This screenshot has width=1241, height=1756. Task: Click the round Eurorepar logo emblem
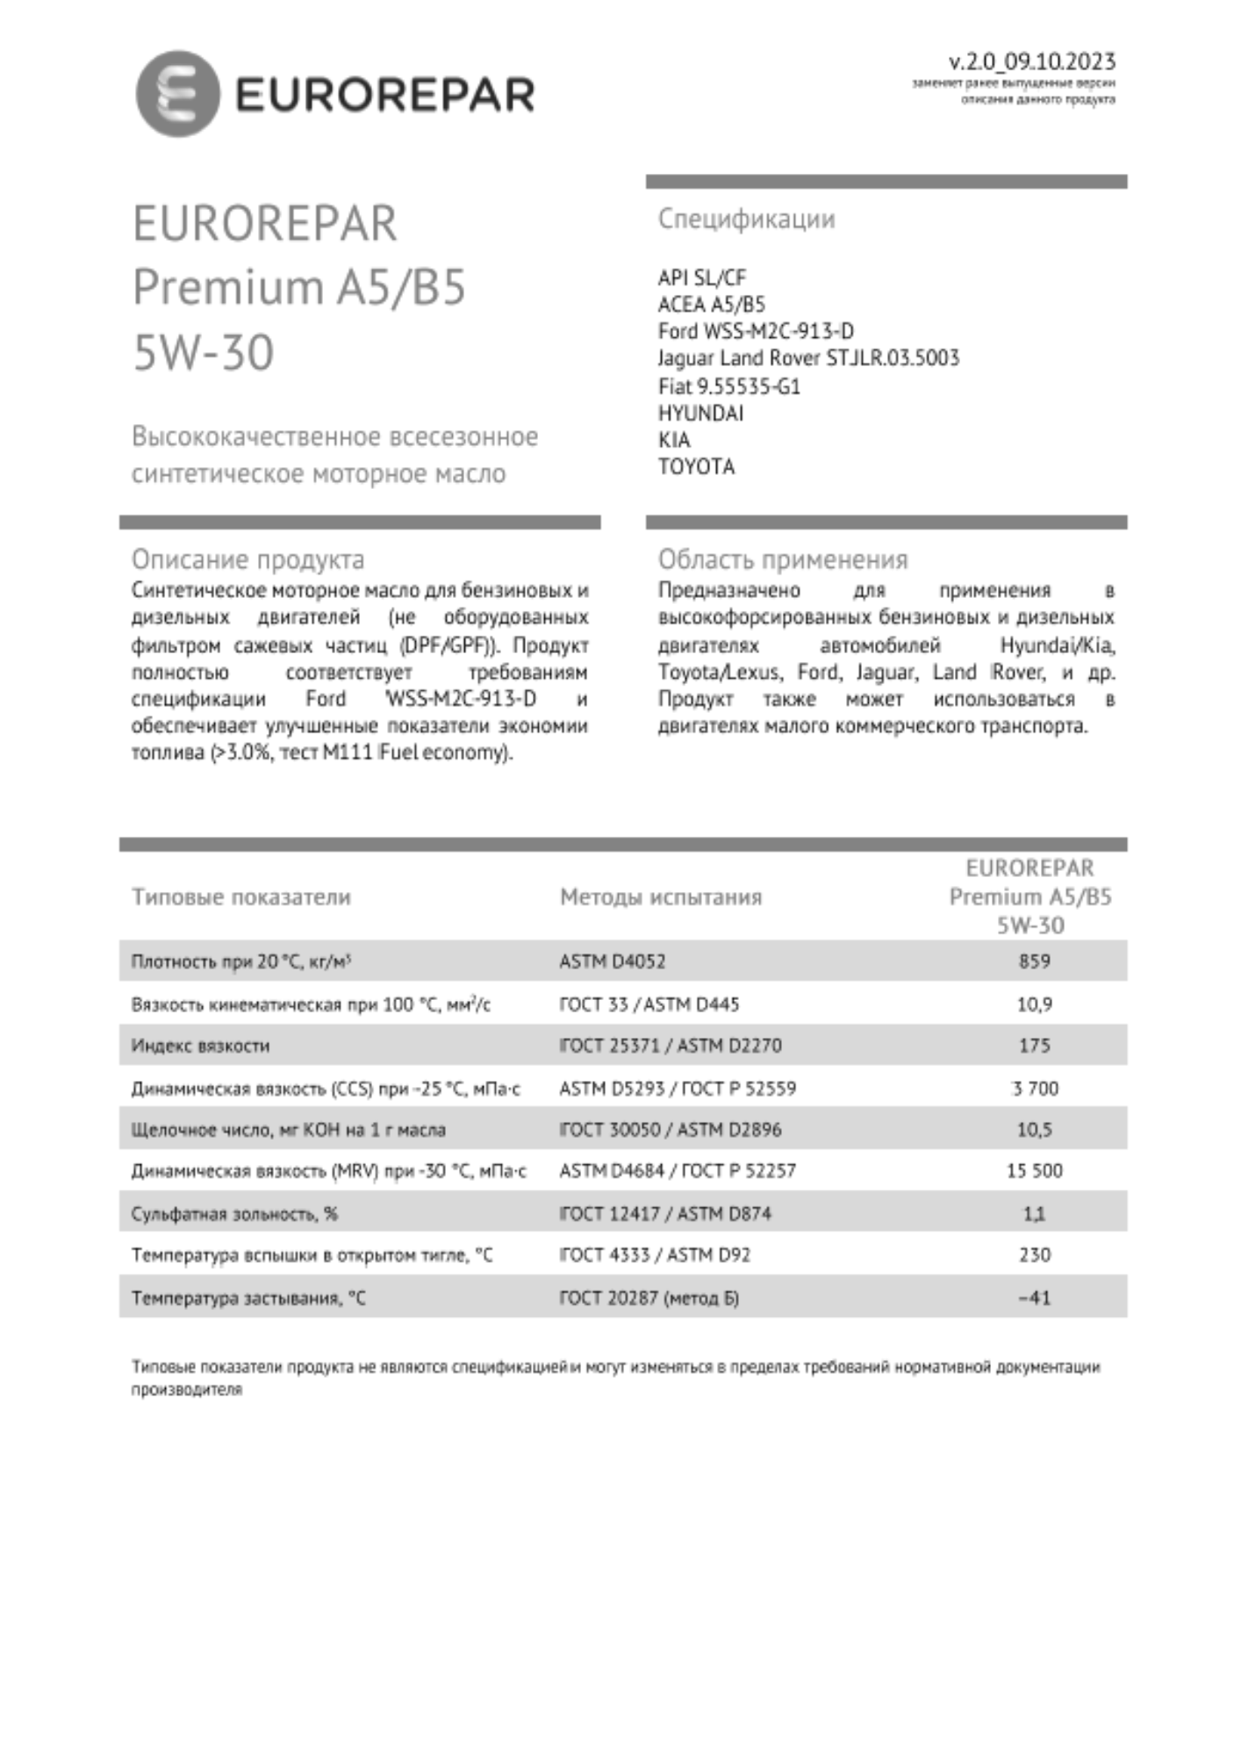click(177, 94)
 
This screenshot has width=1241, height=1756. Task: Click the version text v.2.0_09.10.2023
click(1031, 61)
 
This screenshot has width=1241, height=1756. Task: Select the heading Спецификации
click(746, 219)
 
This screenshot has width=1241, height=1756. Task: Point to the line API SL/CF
click(701, 277)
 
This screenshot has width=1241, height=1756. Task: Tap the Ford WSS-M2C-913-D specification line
click(755, 331)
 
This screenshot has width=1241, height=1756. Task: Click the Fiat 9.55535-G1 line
click(728, 386)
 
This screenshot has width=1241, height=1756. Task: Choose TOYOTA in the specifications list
click(696, 466)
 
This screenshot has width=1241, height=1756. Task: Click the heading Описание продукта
click(247, 559)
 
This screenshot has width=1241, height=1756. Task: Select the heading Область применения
click(783, 559)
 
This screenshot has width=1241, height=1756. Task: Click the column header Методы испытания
click(660, 896)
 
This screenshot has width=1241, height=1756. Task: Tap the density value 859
click(1034, 961)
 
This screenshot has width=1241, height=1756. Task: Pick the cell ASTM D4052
click(612, 961)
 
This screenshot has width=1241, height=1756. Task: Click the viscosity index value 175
click(1034, 1045)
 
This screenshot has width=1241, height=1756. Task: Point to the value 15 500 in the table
click(1034, 1170)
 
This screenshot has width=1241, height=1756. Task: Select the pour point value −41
click(1034, 1297)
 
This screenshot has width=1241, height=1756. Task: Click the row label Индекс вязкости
click(200, 1046)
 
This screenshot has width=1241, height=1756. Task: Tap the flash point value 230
click(1034, 1255)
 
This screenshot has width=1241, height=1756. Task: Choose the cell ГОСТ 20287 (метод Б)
click(649, 1298)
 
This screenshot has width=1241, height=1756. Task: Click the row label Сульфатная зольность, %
click(234, 1214)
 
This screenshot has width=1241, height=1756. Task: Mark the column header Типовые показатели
click(240, 896)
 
